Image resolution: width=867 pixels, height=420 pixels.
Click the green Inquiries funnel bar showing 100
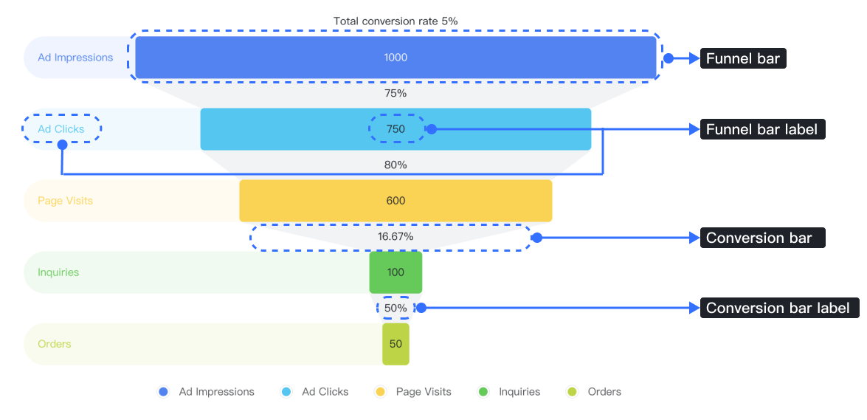[x=395, y=272]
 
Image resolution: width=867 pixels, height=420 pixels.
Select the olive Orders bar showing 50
[x=395, y=344]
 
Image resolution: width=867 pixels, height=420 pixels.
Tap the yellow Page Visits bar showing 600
[x=395, y=201]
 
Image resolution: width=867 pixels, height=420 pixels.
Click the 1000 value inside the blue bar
[x=395, y=58]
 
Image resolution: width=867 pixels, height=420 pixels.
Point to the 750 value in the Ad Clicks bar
[x=395, y=129]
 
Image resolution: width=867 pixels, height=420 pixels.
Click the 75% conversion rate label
[x=395, y=94]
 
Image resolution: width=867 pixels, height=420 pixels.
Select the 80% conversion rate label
[x=395, y=165]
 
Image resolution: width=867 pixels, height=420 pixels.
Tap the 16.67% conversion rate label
[x=395, y=237]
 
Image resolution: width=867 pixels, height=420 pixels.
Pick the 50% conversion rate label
[x=395, y=308]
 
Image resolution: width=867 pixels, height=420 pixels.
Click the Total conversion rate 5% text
[x=395, y=21]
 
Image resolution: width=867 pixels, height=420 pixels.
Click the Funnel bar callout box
[x=743, y=59]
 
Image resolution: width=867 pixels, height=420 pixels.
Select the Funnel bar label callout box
[x=761, y=130]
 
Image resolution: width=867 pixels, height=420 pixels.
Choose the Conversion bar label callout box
[x=778, y=309]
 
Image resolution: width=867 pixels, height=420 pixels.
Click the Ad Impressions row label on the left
[x=75, y=58]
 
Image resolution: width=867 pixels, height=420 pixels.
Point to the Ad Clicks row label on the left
[x=61, y=129]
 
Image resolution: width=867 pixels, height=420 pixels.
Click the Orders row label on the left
[x=54, y=344]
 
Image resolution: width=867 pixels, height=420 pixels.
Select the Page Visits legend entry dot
[x=381, y=392]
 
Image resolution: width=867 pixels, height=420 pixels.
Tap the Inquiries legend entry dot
[x=484, y=392]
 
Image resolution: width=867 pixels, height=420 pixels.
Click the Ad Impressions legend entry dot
[x=164, y=392]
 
